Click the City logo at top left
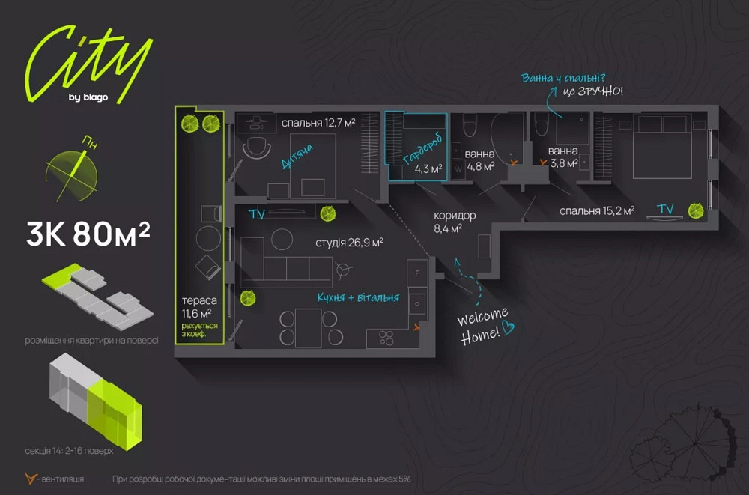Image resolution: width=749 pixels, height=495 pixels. click(86, 64)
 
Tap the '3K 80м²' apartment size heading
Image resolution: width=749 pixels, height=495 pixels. click(88, 235)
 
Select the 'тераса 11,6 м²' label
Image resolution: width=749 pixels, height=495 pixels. click(196, 307)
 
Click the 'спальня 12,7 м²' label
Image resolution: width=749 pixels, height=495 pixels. click(318, 123)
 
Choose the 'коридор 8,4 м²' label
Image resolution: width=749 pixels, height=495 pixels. click(454, 222)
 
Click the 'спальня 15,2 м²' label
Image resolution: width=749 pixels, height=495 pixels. click(596, 211)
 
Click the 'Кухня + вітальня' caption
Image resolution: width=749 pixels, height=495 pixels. click(357, 297)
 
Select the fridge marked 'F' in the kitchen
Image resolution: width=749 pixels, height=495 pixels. click(416, 273)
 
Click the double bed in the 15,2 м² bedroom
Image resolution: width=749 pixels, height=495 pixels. click(661, 146)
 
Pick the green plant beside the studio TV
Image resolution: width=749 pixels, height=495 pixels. click(327, 213)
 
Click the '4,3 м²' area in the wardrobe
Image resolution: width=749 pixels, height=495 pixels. click(428, 168)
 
